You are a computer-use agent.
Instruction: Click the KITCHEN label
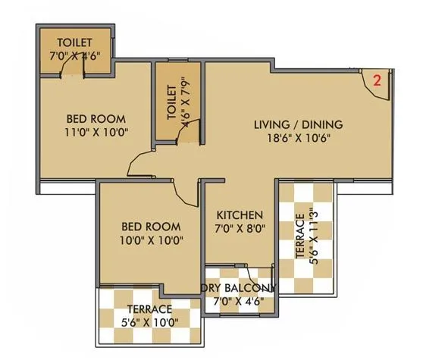tap(237, 214)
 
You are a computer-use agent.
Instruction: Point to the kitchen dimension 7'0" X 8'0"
tap(237, 228)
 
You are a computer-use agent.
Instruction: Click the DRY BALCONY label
tap(240, 287)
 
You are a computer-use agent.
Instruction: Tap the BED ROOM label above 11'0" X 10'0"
tap(96, 119)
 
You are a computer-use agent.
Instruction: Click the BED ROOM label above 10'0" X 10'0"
tap(150, 227)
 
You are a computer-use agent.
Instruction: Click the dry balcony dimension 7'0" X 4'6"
tap(240, 301)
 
